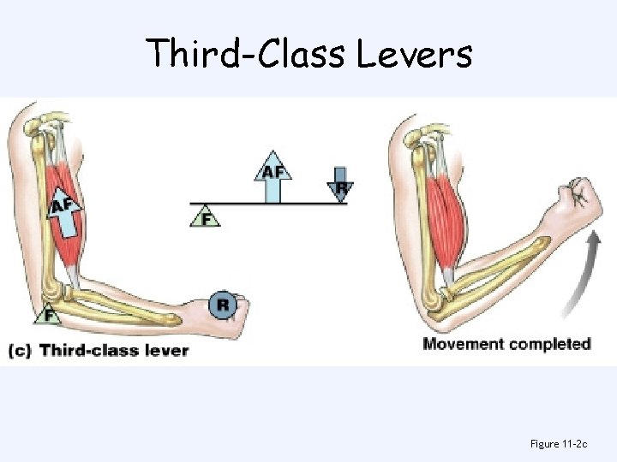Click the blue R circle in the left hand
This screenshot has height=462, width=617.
coord(223,304)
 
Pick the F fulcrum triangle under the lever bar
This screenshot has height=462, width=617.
coord(205,216)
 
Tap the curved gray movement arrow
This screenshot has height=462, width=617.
coord(576,275)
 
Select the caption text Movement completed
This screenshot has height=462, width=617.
coord(506,344)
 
